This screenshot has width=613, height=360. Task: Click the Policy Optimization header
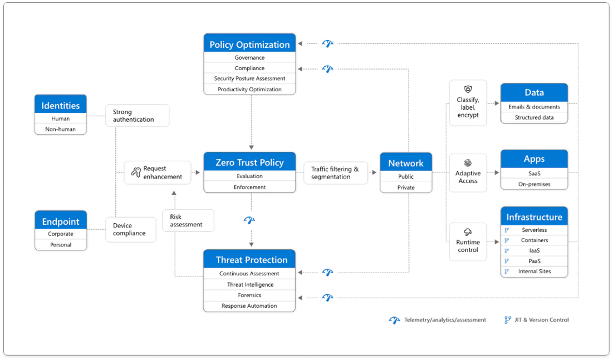point(249,45)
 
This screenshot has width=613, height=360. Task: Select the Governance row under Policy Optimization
point(249,57)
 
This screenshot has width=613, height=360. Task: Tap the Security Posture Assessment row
point(249,78)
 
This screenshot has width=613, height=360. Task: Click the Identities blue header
point(61,105)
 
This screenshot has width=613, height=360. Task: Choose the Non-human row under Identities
point(61,129)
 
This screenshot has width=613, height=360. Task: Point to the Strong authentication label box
point(137,116)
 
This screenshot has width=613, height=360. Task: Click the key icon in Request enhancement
point(135,172)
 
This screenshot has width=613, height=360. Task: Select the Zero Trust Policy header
point(249,162)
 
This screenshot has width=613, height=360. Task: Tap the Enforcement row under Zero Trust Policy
point(249,187)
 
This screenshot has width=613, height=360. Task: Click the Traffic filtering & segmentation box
point(335,173)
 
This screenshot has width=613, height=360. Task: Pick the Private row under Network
point(406,188)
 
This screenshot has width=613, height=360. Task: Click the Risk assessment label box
point(188,221)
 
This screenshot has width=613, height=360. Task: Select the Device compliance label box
point(130,229)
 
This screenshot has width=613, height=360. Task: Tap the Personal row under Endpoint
point(61,245)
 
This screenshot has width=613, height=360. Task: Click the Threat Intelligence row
point(249,284)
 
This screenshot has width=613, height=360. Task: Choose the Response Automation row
point(249,305)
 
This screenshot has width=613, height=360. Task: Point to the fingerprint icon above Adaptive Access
point(468,164)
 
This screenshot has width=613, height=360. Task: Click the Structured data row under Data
point(534,117)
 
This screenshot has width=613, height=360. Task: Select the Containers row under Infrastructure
point(534,240)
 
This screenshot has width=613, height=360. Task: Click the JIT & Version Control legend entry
point(537,320)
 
